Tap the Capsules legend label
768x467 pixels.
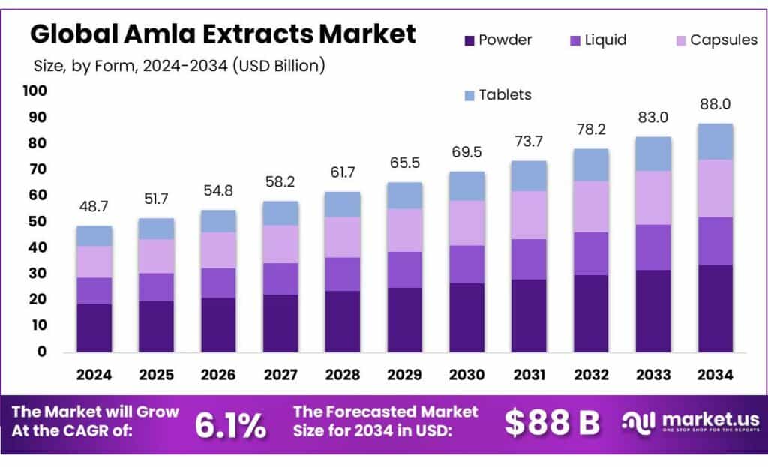click(x=723, y=40)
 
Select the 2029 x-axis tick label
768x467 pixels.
click(x=405, y=373)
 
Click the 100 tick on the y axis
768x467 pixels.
click(x=35, y=91)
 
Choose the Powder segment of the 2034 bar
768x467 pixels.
click(x=715, y=307)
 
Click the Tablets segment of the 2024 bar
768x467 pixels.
click(x=94, y=235)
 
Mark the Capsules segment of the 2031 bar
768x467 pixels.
click(x=529, y=215)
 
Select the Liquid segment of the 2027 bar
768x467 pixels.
click(x=280, y=278)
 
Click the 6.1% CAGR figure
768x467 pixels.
click(x=230, y=425)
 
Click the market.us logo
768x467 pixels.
click(x=690, y=422)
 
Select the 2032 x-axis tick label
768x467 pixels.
click(x=591, y=373)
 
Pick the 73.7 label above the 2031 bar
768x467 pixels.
click(x=529, y=142)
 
